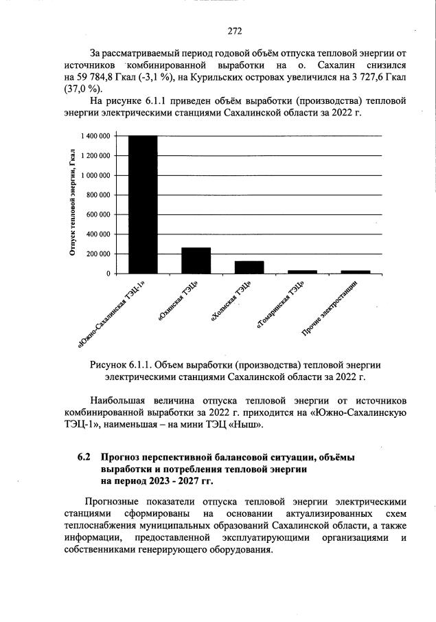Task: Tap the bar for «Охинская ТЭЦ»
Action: [x=196, y=260]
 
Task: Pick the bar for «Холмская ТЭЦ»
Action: [x=249, y=267]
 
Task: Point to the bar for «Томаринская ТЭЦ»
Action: [x=303, y=271]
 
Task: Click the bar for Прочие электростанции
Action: [x=356, y=271]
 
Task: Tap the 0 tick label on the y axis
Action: [x=108, y=274]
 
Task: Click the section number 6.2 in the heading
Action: [x=83, y=457]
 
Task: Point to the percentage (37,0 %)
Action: [x=84, y=89]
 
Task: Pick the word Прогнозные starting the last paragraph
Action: [x=113, y=501]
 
